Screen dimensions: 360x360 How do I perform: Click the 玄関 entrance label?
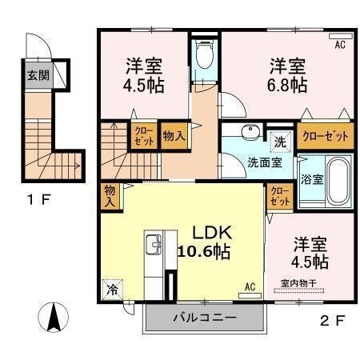[37, 78]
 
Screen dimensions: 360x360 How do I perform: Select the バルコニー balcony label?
[204, 319]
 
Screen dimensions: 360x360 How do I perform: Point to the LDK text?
[211, 232]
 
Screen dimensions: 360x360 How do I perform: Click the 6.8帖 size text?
[288, 83]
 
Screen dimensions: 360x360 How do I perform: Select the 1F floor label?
[39, 200]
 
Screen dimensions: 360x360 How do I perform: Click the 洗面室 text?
[263, 161]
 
